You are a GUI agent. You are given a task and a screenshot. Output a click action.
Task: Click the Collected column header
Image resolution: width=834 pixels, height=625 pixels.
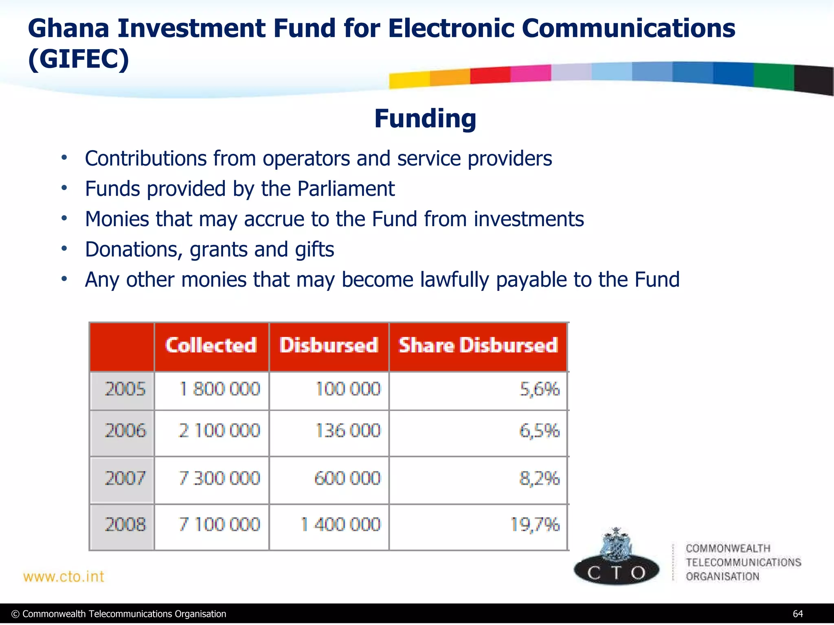tap(211, 345)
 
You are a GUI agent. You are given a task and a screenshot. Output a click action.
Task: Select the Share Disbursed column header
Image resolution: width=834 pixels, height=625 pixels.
tap(478, 345)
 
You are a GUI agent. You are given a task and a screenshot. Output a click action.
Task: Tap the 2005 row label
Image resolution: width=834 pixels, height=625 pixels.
tap(125, 389)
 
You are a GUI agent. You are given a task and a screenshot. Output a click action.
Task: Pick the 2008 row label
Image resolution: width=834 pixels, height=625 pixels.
tap(125, 524)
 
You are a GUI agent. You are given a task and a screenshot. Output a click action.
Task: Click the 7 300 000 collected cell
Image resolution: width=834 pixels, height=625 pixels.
tap(219, 478)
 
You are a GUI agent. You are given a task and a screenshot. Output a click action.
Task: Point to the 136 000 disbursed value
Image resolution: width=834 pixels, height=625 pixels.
tap(348, 431)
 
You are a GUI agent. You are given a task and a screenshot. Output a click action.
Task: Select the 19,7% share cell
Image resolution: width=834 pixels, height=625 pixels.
tap(535, 524)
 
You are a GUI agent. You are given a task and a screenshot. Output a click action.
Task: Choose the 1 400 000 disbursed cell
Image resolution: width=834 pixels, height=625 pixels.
tap(340, 524)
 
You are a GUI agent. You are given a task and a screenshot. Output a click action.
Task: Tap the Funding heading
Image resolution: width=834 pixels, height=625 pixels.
tap(425, 119)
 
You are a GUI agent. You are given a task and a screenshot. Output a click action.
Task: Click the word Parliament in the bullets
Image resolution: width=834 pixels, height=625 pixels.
tap(346, 189)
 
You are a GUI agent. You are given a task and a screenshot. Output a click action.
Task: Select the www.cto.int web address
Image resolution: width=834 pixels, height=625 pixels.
tap(64, 577)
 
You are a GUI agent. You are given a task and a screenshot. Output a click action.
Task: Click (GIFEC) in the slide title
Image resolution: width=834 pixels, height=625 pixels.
tap(79, 59)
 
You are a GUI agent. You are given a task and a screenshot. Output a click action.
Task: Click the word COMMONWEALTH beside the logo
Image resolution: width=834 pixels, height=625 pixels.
tap(728, 549)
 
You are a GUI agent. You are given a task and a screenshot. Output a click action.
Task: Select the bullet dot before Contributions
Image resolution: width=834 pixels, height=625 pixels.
tap(64, 158)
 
